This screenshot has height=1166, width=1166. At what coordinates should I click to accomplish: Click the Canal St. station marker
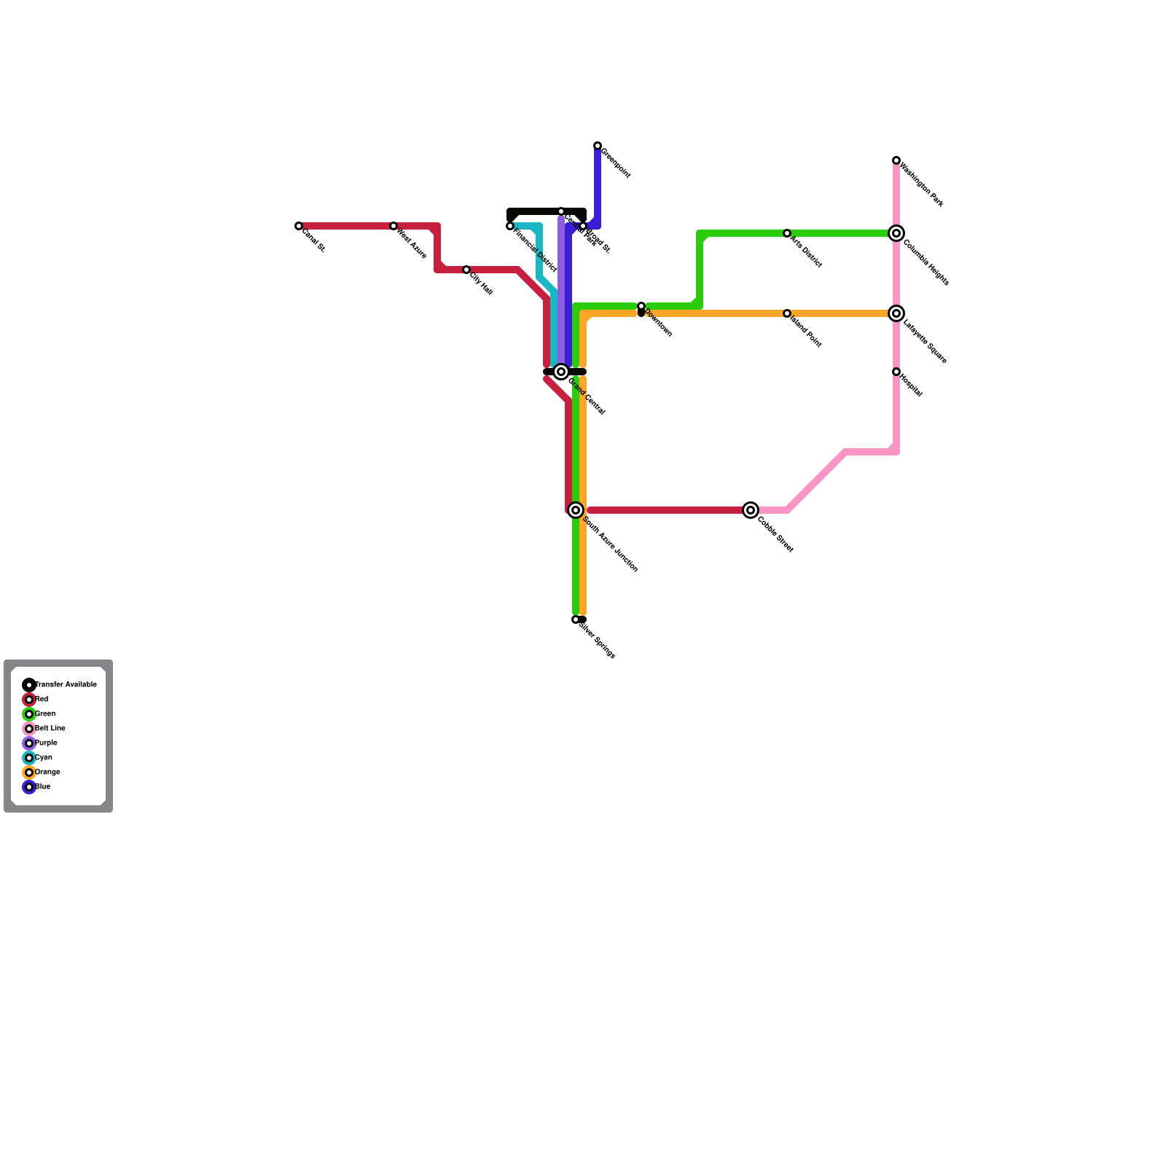click(299, 226)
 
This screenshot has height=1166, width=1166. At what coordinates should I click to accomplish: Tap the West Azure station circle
click(394, 226)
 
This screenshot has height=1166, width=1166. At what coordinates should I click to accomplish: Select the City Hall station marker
click(466, 270)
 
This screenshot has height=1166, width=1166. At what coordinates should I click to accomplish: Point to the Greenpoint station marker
click(598, 146)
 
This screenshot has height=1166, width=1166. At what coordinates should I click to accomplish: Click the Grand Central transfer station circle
click(561, 372)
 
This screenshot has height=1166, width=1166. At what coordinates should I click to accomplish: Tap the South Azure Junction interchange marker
click(576, 510)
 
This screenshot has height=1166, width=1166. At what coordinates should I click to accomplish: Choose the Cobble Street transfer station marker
click(751, 510)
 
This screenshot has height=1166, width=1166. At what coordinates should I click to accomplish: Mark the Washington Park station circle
click(896, 160)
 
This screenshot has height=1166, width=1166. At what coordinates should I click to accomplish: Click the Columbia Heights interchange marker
click(896, 233)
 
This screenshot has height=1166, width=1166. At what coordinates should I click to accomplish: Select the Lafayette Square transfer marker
click(896, 313)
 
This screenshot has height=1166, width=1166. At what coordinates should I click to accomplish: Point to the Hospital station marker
click(896, 372)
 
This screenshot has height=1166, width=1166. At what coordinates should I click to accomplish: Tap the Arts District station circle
click(787, 233)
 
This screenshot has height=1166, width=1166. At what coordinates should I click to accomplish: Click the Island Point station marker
click(787, 313)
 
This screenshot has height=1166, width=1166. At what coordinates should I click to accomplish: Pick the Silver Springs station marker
click(576, 619)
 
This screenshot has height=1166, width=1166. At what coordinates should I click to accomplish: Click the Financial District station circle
click(510, 226)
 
